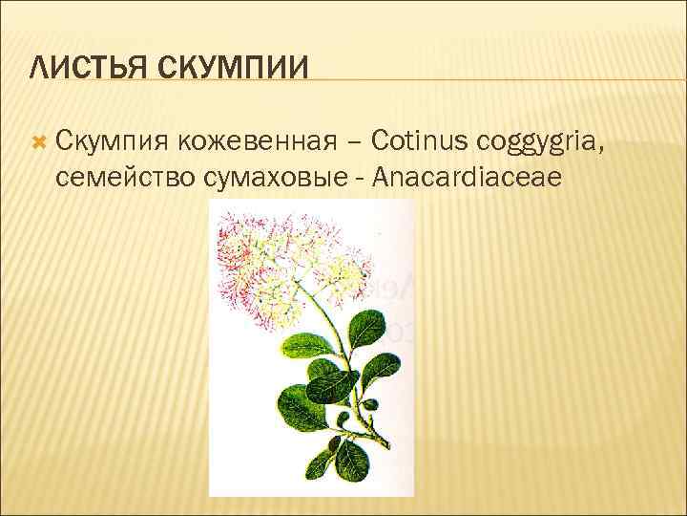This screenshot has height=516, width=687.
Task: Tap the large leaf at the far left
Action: point(297,406)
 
